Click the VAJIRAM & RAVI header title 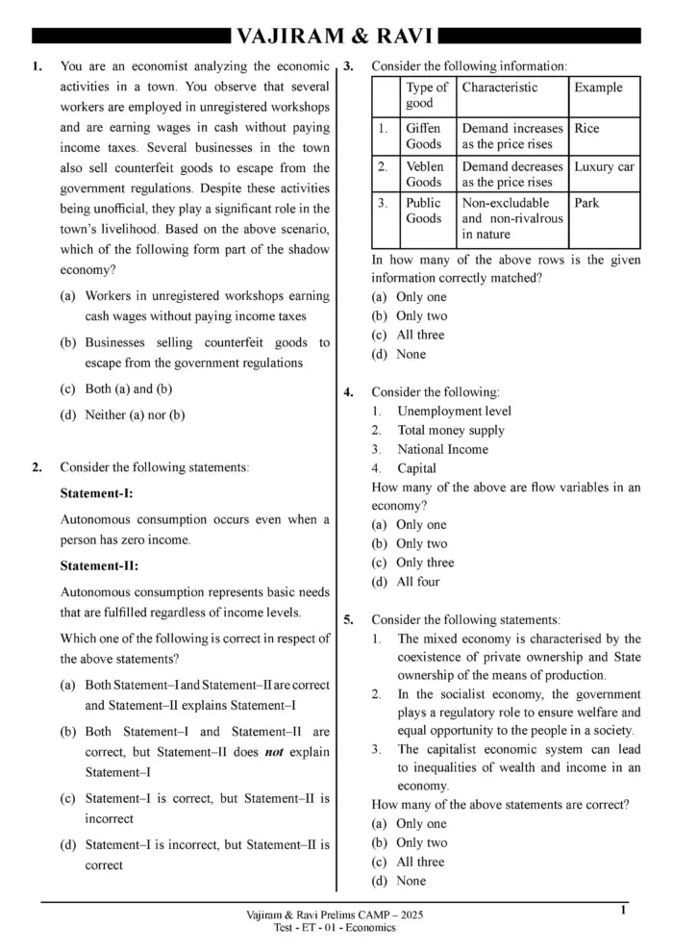click(x=336, y=37)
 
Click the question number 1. click(x=37, y=66)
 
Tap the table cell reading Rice click(x=586, y=128)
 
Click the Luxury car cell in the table click(x=604, y=166)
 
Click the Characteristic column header click(x=500, y=88)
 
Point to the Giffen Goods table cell click(x=424, y=136)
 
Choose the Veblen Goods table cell click(x=424, y=174)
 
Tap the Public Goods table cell click(x=424, y=211)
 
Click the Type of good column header click(x=426, y=95)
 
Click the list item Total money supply click(x=450, y=431)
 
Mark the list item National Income click(x=442, y=450)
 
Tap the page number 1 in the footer click(x=624, y=910)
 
